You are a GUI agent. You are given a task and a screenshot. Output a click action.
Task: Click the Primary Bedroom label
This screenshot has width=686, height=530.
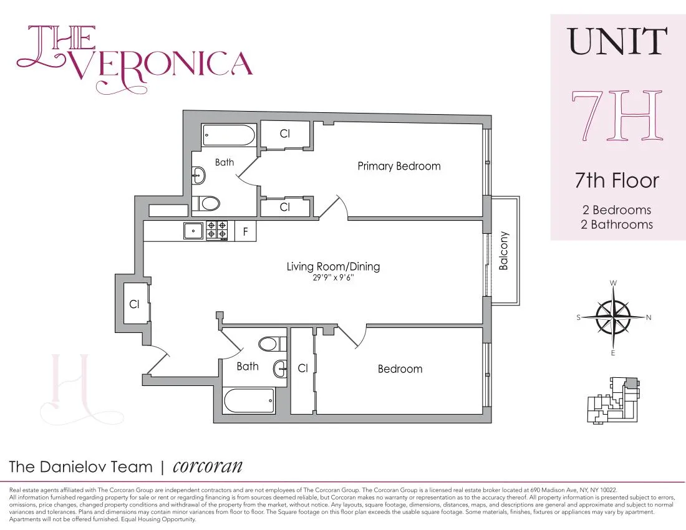point(399,166)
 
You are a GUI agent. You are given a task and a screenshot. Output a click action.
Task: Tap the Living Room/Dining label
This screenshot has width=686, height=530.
point(333,266)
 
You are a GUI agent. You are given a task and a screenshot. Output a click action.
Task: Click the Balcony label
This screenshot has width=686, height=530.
point(504,251)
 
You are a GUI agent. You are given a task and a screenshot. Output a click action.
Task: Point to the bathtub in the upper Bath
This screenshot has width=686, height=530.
point(229,135)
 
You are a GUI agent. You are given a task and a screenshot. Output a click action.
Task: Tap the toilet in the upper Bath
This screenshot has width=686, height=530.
point(206,203)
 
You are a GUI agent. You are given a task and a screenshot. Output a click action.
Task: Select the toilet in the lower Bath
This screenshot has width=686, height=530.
point(272,344)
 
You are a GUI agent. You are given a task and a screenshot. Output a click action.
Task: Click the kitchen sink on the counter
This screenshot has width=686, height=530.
point(194,231)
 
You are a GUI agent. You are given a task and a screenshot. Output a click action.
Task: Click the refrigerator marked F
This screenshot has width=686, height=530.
point(246,231)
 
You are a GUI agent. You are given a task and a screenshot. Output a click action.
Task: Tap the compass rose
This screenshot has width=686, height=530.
point(614,317)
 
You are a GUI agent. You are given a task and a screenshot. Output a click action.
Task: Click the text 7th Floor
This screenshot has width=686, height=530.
point(616,181)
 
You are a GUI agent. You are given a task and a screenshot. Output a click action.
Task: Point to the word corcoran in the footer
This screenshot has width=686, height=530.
point(207,466)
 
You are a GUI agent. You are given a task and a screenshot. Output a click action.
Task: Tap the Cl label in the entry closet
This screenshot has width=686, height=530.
point(134,304)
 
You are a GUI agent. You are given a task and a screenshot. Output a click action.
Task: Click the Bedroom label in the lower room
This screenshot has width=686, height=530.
point(400,369)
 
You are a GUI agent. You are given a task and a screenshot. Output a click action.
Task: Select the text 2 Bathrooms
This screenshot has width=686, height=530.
point(616,224)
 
